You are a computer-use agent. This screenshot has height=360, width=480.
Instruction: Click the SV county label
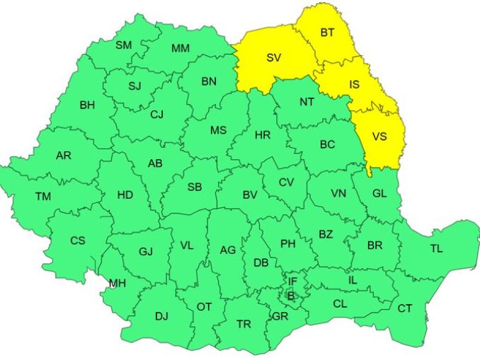pyautogui.click(x=274, y=58)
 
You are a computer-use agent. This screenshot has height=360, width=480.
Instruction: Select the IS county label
pyautogui.click(x=354, y=84)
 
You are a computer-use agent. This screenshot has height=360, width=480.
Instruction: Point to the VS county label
pyautogui.click(x=379, y=137)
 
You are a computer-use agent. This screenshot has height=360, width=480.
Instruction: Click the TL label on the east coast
pyautogui.click(x=436, y=248)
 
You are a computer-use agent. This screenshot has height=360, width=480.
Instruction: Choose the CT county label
pyautogui.click(x=404, y=308)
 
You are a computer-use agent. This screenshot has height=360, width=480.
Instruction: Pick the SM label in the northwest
pyautogui.click(x=124, y=45)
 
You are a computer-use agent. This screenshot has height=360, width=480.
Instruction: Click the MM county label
pyautogui.click(x=181, y=48)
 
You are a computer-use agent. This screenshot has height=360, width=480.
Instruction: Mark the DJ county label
pyautogui.click(x=161, y=316)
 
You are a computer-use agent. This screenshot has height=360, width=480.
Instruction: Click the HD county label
pyautogui.click(x=125, y=194)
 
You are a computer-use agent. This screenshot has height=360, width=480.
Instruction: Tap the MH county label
pyautogui.click(x=118, y=284)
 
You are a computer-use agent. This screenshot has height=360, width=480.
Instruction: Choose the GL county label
pyautogui.click(x=379, y=193)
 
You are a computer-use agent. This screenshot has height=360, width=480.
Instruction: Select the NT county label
pyautogui.click(x=307, y=102)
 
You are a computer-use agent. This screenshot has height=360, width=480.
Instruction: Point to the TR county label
pyautogui.click(x=244, y=324)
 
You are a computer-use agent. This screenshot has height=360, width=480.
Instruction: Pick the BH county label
pyautogui.click(x=87, y=105)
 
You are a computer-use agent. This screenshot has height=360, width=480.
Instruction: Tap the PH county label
pyautogui.click(x=287, y=244)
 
